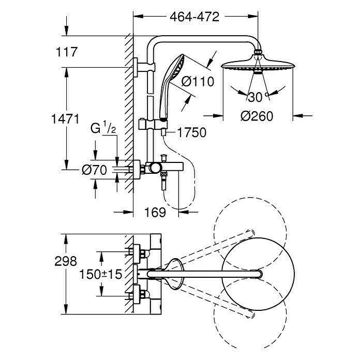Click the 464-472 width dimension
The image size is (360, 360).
coord(194,17)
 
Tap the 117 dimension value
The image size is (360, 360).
coord(67,52)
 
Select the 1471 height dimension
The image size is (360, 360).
coord(66,119)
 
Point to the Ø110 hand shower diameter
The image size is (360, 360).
coord(198,82)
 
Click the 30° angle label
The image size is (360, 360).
coord(259,97)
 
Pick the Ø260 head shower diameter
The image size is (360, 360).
coord(257,116)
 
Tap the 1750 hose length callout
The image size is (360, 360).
coord(192,132)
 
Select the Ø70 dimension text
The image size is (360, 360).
coord(94,170)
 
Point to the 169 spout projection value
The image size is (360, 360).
coord(155,213)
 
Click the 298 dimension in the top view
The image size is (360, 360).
coord(66,261)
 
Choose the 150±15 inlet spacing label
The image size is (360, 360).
coord(100,274)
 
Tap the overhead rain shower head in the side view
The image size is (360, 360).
coord(258,65)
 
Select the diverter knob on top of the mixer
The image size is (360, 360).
coord(164,158)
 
